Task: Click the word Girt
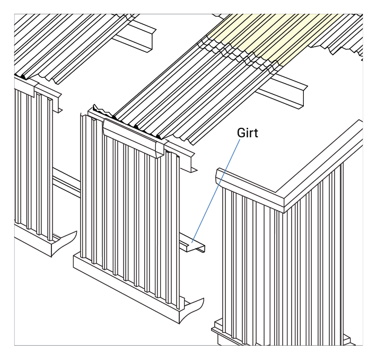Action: (248, 133)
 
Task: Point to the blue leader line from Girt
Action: (216, 191)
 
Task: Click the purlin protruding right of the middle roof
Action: (284, 91)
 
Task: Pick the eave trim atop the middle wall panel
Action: (134, 138)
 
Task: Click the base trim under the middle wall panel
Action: (126, 288)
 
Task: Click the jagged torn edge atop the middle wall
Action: (102, 111)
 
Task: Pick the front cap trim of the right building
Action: (250, 190)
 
